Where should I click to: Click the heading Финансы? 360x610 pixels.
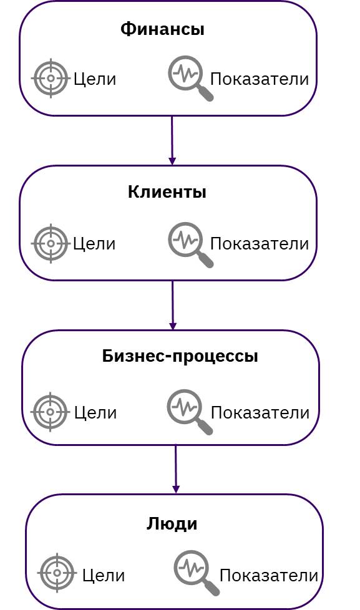coord(162,29)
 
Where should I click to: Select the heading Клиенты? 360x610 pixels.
coord(167,192)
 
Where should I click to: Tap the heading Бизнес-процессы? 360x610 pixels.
coord(180,356)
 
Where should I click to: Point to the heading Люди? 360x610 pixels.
coord(172,524)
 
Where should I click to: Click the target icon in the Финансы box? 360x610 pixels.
coord(51,78)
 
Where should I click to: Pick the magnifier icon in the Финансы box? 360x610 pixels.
coord(190,78)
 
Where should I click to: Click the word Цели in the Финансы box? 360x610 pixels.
coord(95,79)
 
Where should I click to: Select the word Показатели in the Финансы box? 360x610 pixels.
coord(260,79)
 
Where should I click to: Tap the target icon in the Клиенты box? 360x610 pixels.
coord(51,243)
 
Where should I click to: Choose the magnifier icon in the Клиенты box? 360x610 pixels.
coord(190,244)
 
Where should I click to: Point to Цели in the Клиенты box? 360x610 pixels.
coord(95,244)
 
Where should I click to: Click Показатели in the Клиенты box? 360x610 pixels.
coord(260,244)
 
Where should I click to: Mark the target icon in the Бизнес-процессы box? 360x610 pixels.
coord(50,412)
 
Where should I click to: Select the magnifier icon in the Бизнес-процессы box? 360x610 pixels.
coord(190,412)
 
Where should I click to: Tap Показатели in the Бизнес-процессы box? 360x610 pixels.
coord(260,413)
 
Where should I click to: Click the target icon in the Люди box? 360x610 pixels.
coord(57,573)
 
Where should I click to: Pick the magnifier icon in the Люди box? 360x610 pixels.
coord(197,573)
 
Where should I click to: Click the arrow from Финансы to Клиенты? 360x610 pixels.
coord(172,140)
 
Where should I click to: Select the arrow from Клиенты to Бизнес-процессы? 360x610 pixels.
coord(172,306)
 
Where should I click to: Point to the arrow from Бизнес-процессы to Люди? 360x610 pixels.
coord(176,470)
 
